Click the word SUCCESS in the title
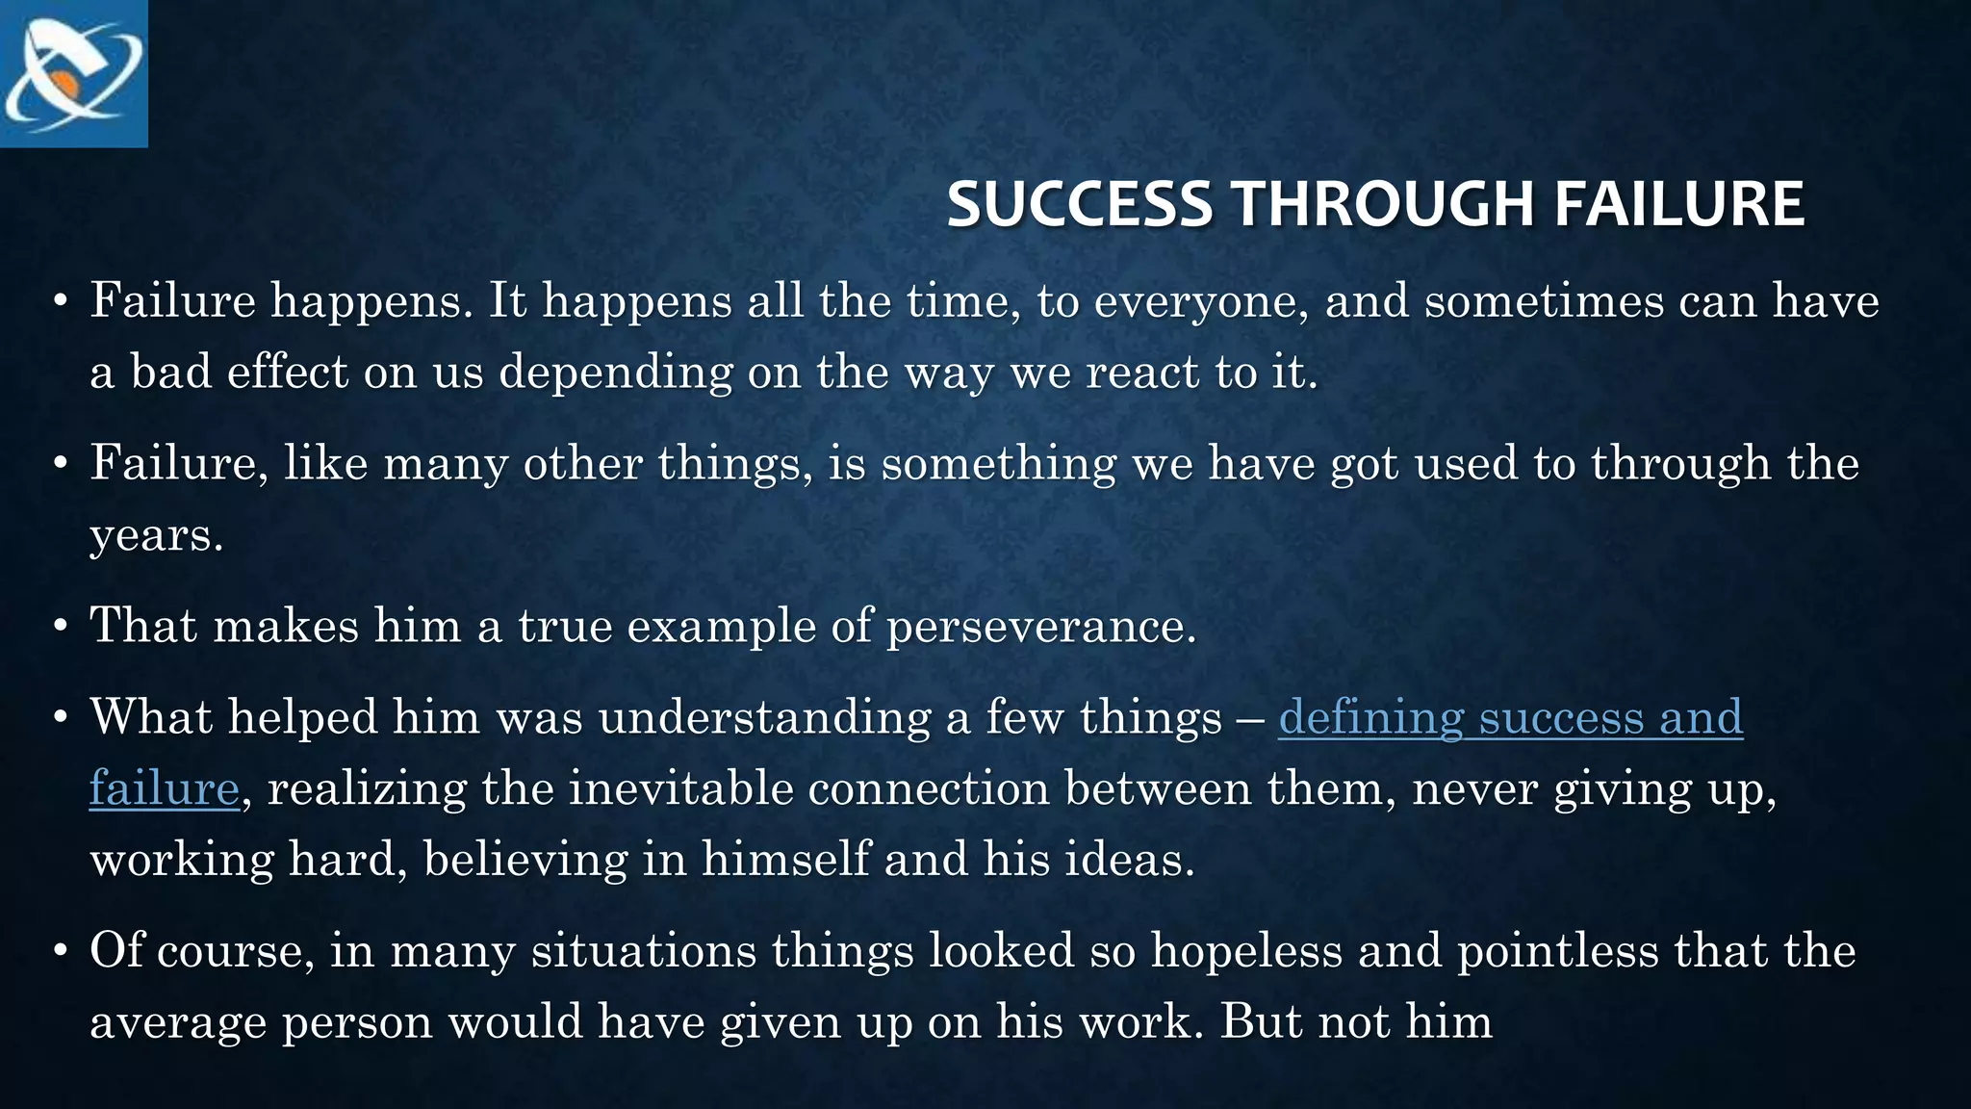pyautogui.click(x=1079, y=204)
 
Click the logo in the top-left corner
pyautogui.click(x=74, y=74)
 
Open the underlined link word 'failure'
pyautogui.click(x=164, y=788)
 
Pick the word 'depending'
pyautogui.click(x=616, y=373)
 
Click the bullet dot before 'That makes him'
pyautogui.click(x=61, y=627)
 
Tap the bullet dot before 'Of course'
pyautogui.click(x=61, y=951)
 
